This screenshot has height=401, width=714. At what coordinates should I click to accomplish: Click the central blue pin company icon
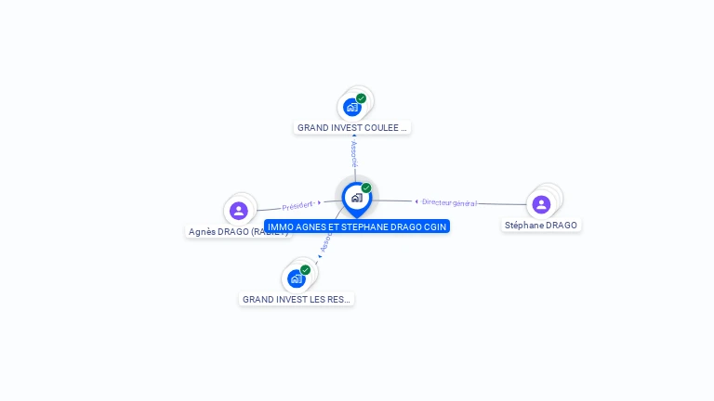coord(356,198)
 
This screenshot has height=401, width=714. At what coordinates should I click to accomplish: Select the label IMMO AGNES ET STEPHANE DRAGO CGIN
coord(357,226)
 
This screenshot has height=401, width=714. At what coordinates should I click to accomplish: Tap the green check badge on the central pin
coord(366,188)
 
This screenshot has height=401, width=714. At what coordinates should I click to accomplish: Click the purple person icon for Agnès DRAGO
coord(239,211)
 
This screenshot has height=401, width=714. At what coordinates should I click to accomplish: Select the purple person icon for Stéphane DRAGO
coord(541,204)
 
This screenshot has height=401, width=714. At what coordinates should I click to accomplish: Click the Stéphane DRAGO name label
coord(541,226)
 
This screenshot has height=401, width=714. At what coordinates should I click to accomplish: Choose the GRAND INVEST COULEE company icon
coord(351,107)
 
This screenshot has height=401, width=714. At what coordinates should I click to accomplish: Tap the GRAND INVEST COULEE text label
coord(352,128)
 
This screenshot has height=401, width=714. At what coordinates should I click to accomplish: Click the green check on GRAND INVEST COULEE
coord(361,98)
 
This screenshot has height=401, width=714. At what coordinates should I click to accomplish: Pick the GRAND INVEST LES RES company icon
coord(297,278)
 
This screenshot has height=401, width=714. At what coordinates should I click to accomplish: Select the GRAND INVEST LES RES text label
coord(297,300)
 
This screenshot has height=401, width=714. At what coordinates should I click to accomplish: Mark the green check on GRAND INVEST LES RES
coord(305,270)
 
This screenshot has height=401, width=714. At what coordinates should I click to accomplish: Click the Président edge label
coord(297,205)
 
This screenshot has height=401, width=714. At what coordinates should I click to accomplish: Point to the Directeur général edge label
coord(449,202)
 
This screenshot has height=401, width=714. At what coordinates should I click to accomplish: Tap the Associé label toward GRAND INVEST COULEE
coord(353,154)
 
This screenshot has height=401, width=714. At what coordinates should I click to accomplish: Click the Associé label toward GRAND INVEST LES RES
coord(325,244)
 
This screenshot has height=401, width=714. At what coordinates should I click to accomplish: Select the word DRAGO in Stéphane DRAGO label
coord(561,226)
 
